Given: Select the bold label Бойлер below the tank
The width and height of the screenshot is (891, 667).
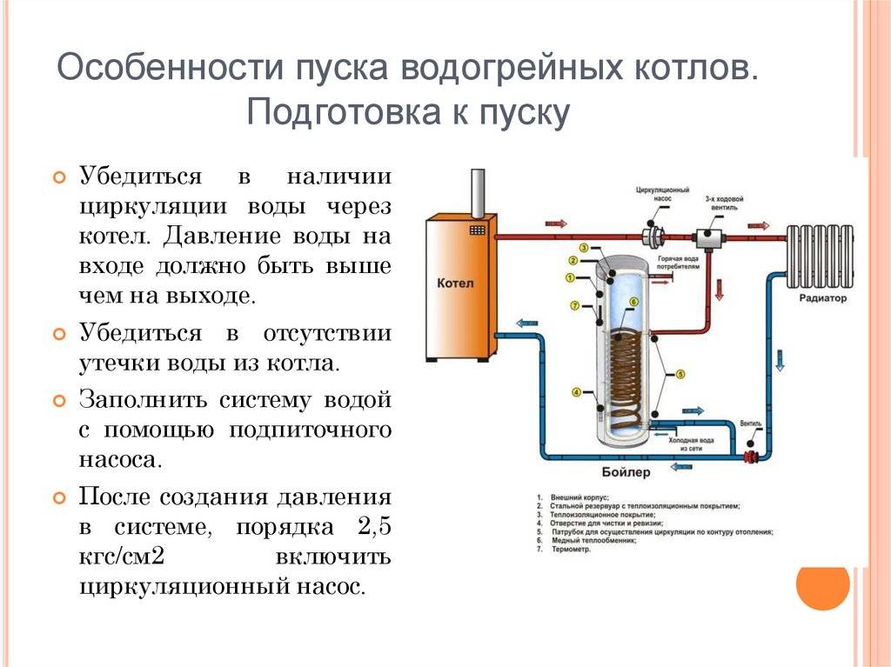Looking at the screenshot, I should [x=623, y=472].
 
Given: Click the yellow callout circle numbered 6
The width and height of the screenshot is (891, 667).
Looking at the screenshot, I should [x=633, y=302].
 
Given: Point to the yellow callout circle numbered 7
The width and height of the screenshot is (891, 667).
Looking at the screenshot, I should [x=575, y=305].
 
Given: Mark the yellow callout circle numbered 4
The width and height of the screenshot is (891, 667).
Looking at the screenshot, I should [x=576, y=391].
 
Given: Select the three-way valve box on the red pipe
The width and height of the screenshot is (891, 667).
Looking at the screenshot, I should [x=706, y=237].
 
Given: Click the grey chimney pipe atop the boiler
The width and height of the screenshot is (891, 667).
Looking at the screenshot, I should [x=477, y=193].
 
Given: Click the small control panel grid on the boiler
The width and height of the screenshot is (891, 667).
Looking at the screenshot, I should [x=477, y=230].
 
